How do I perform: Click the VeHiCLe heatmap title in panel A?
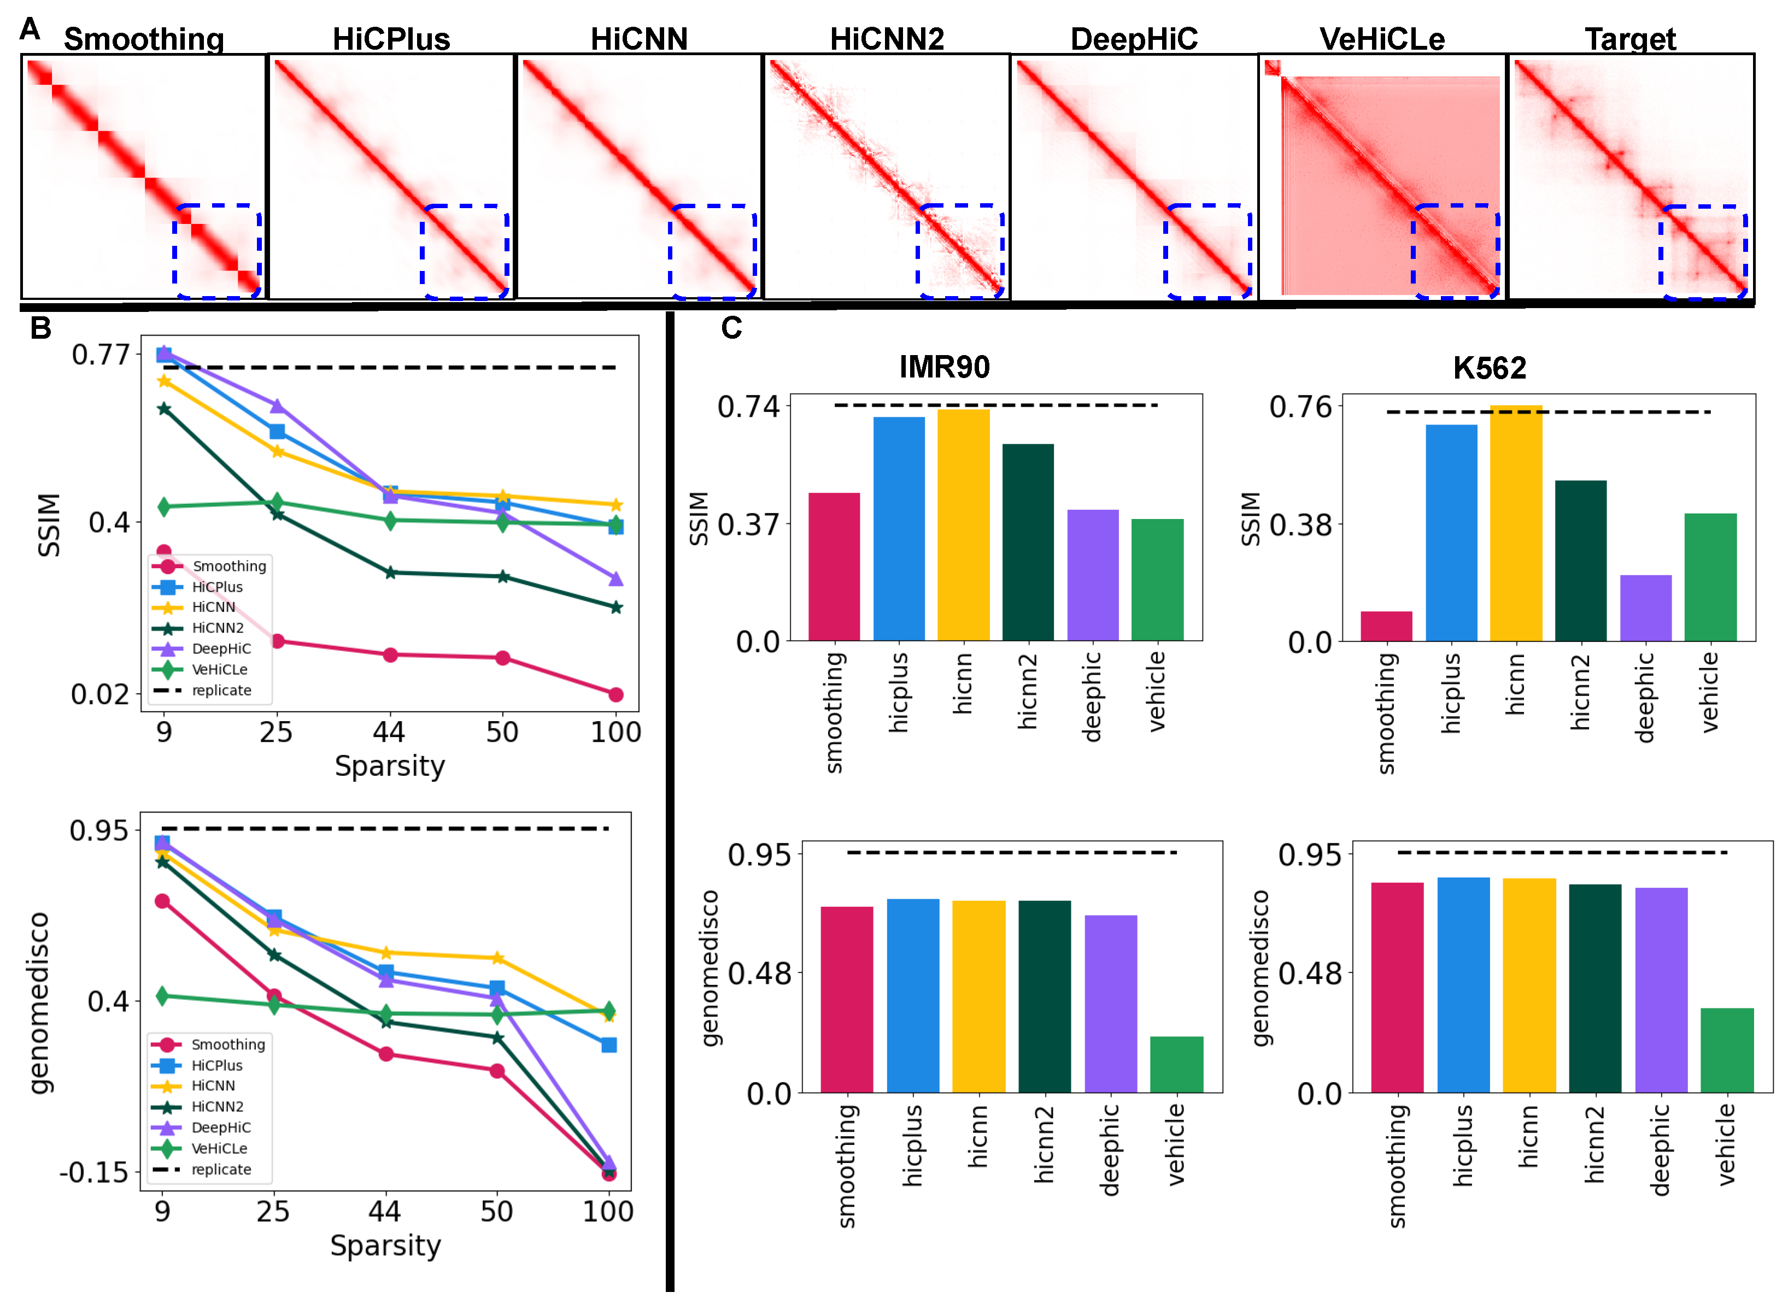[x=1381, y=38]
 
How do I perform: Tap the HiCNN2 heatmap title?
[x=886, y=38]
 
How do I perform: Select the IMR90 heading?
[x=944, y=367]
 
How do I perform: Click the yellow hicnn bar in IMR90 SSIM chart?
[x=963, y=523]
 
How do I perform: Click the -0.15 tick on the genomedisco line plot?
[x=93, y=1171]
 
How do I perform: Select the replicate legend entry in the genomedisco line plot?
[x=220, y=1169]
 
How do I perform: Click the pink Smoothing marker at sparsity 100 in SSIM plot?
[x=615, y=695]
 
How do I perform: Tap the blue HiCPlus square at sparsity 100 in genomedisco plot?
[x=608, y=1045]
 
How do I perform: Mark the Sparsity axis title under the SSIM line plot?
[x=390, y=766]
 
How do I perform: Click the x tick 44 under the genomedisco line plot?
[x=385, y=1211]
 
